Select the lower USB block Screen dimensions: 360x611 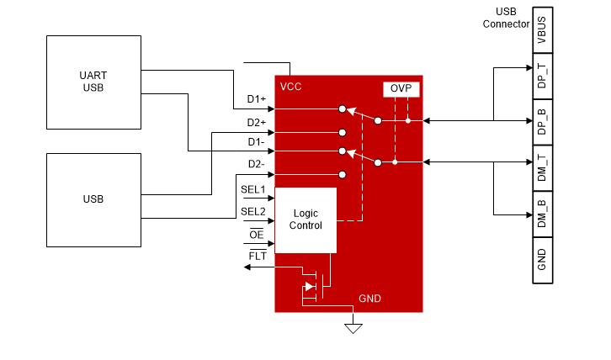click(93, 199)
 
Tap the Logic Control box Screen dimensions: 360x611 click(305, 220)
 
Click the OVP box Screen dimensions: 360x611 click(401, 89)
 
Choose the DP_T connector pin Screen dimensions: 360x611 click(542, 75)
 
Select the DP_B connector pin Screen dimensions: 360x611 click(542, 121)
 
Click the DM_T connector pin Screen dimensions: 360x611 click(542, 167)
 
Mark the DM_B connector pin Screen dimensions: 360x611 click(542, 214)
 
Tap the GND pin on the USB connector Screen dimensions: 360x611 click(542, 259)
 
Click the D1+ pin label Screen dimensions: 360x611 click(257, 100)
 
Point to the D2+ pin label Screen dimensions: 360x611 click(257, 123)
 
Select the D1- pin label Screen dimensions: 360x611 click(257, 143)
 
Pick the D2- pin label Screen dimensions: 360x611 click(257, 164)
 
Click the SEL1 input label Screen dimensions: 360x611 click(252, 189)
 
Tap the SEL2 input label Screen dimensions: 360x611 click(252, 211)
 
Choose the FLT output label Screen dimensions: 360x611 click(257, 255)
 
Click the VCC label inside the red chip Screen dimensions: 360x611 click(291, 87)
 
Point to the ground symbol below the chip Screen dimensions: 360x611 click(353, 327)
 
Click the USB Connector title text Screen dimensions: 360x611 click(506, 18)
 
